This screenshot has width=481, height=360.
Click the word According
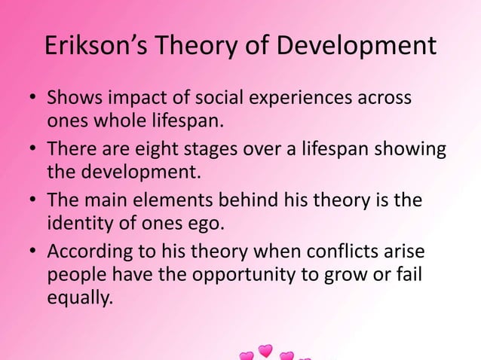[91, 255]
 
